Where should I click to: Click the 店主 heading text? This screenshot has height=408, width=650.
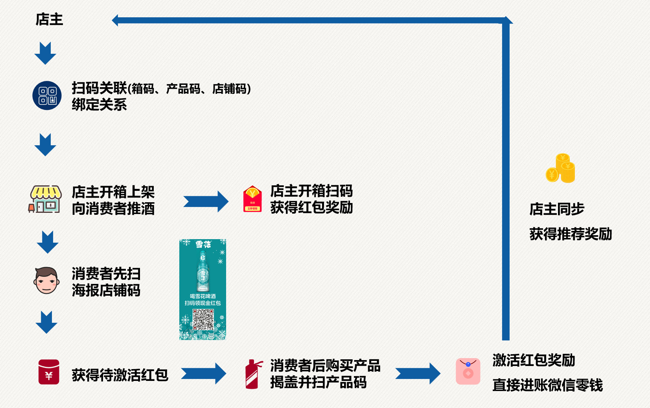point(49,19)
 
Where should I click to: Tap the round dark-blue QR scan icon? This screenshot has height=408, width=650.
point(47,96)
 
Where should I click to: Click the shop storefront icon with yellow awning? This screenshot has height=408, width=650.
point(45,199)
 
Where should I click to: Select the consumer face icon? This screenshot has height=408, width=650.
point(46,280)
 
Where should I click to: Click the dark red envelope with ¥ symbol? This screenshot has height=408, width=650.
point(49,372)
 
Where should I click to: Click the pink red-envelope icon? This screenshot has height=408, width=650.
point(468,371)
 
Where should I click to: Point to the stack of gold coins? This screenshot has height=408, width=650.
point(561,168)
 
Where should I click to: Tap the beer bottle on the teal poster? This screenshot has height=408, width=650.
point(203,271)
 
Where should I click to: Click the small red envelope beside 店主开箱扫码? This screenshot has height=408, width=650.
point(252,199)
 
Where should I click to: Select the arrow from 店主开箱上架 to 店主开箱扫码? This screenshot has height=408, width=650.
point(206,201)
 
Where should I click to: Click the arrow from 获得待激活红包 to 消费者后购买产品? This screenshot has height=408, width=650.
point(203,373)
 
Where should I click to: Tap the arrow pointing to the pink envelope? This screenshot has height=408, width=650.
point(418,373)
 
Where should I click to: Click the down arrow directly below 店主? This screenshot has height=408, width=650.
point(45,53)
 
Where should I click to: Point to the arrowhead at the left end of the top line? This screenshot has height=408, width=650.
point(115,20)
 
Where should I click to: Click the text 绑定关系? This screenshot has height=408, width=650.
point(99,105)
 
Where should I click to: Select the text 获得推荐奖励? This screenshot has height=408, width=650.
point(570,234)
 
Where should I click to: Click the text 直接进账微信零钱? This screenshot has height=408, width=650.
point(547,385)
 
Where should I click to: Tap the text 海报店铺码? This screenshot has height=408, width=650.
point(106,291)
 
